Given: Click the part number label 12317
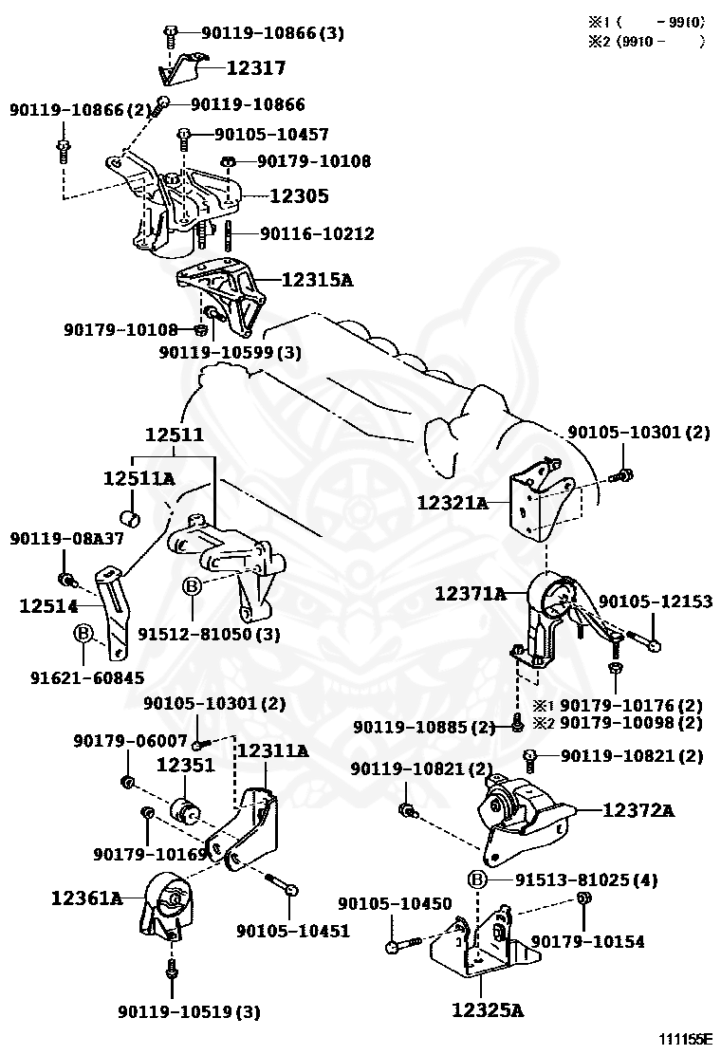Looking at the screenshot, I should (x=255, y=68).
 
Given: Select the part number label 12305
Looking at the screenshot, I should (x=299, y=196).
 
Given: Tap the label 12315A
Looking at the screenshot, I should (x=317, y=280).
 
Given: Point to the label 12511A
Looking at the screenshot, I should (x=139, y=479).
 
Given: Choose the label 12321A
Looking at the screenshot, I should (x=452, y=503).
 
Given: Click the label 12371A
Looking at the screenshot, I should (x=471, y=594).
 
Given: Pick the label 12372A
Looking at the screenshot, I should (x=638, y=810).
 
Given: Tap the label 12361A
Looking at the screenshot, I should (x=86, y=897).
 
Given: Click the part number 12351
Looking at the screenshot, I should (x=186, y=765).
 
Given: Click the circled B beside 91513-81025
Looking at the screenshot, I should (x=477, y=880).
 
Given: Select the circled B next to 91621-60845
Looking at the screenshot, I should (x=83, y=633).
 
